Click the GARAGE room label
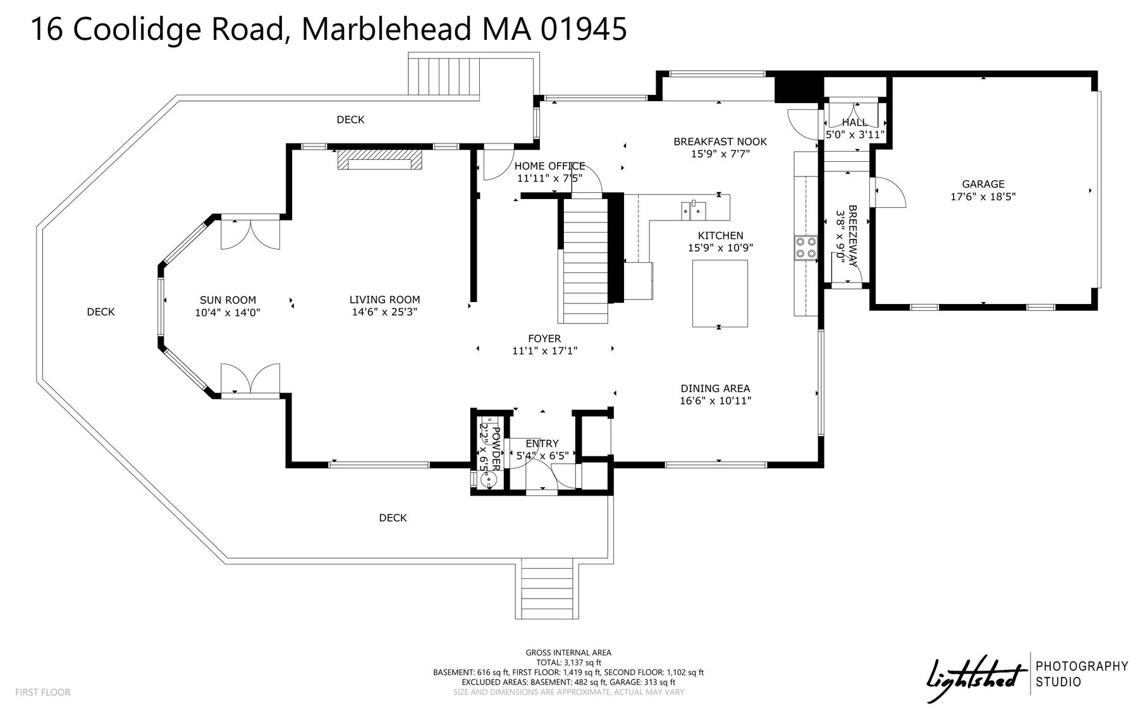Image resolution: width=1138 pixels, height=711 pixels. (x=983, y=184)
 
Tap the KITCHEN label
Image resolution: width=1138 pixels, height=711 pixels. (x=720, y=236)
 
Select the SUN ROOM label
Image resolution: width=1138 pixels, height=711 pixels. (x=228, y=300)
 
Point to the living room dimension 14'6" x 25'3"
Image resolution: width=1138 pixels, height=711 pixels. (x=384, y=312)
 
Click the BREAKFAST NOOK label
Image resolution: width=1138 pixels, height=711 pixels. (x=720, y=142)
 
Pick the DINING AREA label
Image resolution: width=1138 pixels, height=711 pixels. (x=715, y=389)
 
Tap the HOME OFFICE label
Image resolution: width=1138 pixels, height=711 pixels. (x=549, y=166)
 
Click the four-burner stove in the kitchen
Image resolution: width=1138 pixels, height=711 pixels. (x=805, y=247)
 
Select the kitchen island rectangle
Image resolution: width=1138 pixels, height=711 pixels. (x=719, y=293)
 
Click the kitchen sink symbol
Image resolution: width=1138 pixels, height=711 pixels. (x=694, y=209)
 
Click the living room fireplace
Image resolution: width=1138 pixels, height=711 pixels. (x=379, y=159)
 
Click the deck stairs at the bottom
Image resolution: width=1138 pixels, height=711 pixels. (x=548, y=589)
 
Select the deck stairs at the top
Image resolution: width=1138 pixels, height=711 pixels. (x=444, y=76)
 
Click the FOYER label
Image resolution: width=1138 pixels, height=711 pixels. (x=544, y=339)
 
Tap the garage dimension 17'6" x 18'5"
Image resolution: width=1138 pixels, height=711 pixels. (x=983, y=197)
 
